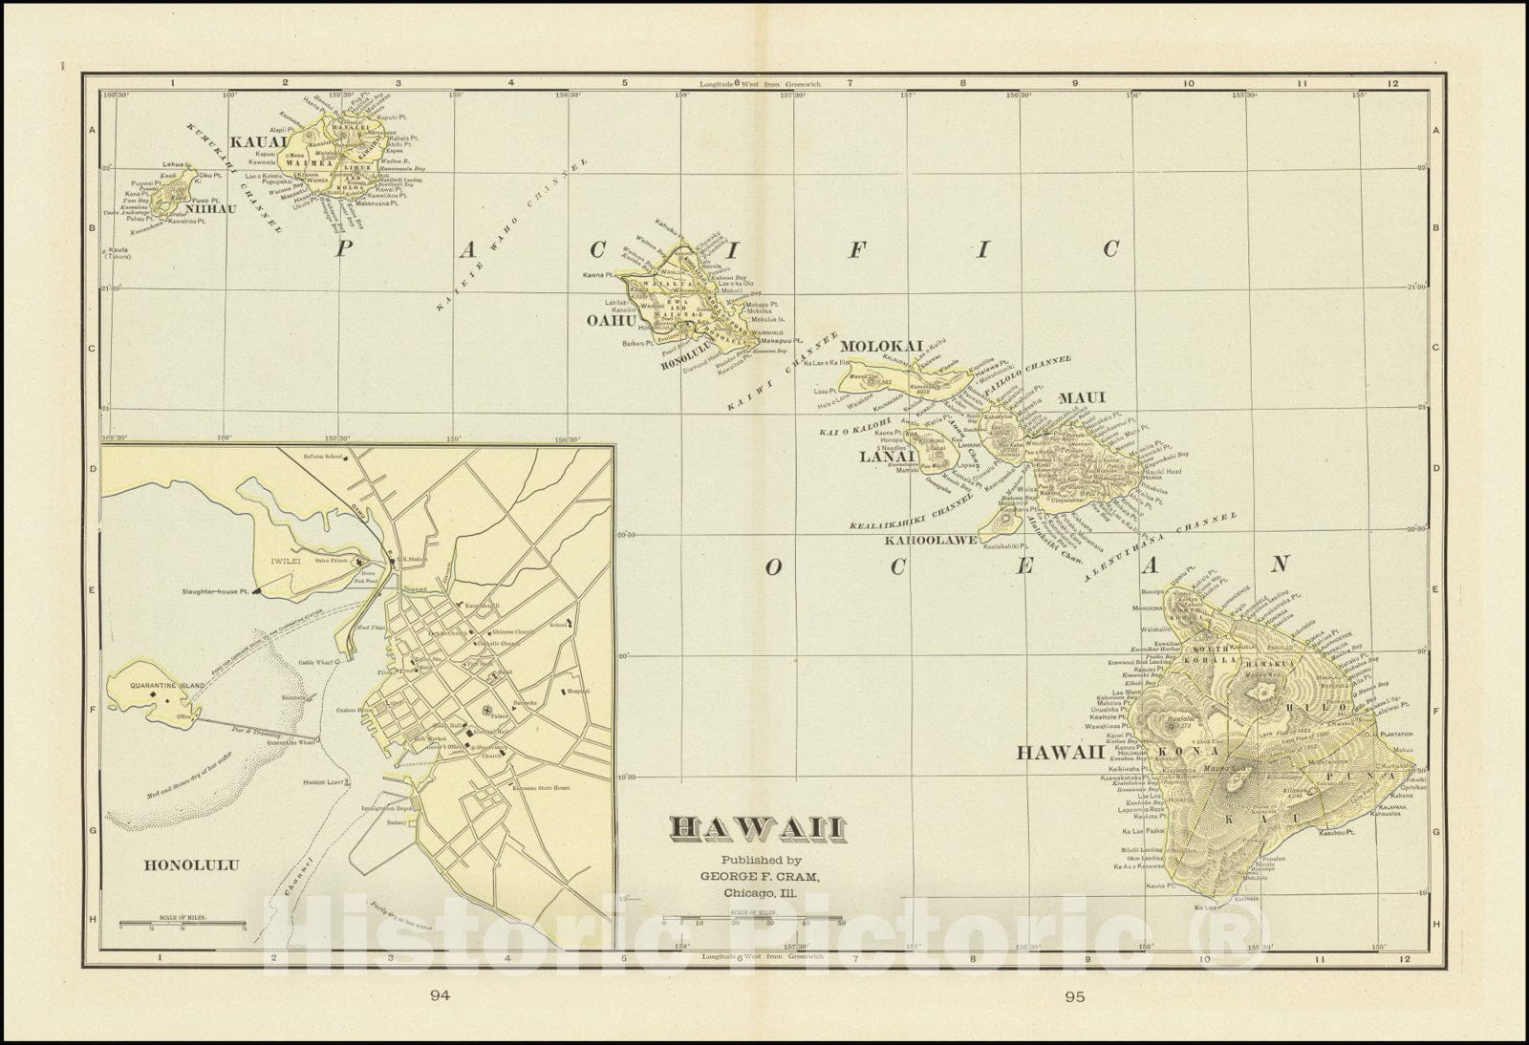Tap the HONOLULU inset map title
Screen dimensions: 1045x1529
191,866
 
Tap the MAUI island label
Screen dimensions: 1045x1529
1081,397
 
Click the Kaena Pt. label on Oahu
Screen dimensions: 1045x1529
596,275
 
